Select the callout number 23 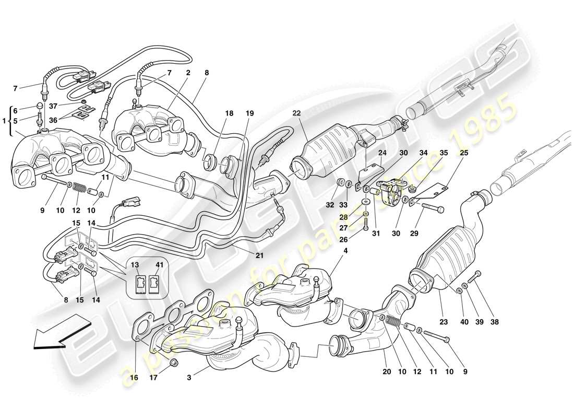(444, 322)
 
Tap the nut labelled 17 (174, 363)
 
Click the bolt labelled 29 (431, 209)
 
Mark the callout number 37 (53, 106)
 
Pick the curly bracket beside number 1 (9, 120)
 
